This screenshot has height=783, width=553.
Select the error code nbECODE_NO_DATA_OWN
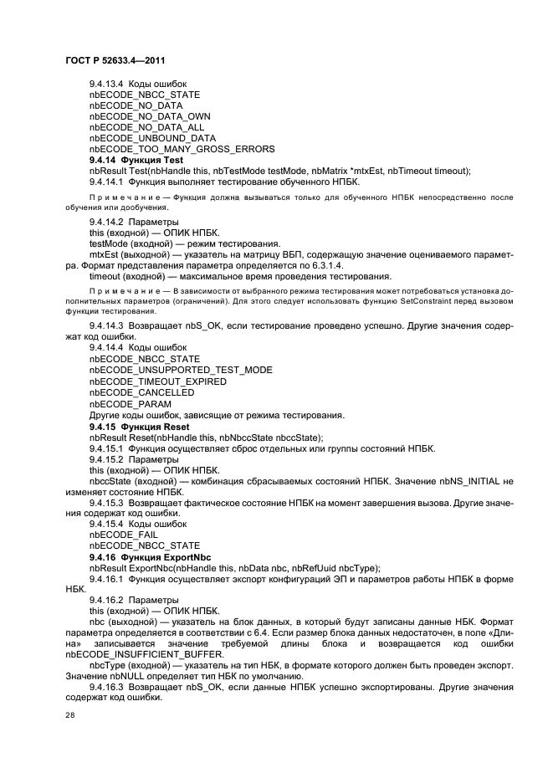coord(149,116)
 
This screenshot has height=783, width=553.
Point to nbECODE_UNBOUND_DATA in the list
coord(152,138)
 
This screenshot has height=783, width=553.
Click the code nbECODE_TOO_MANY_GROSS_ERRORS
coord(182,149)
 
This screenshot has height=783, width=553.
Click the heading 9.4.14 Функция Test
coord(136,160)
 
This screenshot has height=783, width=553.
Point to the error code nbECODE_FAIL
coord(123,535)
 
